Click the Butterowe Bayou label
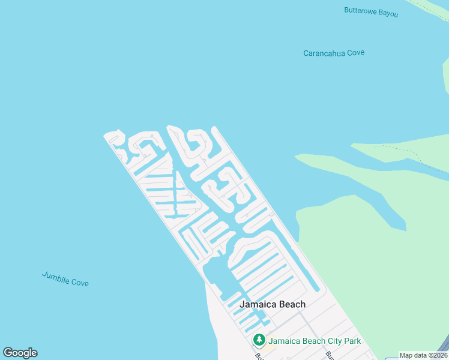point(371,11)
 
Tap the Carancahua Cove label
point(334,53)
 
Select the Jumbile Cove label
point(65,279)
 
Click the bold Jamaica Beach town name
point(272,304)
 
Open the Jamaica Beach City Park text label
point(315,341)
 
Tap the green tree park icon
point(259,341)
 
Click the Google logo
point(20,353)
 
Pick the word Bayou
point(388,13)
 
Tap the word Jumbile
point(55,277)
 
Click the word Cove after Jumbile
point(80,282)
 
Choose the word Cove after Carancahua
point(355,52)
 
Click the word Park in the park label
point(352,341)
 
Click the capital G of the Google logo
point(8,353)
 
